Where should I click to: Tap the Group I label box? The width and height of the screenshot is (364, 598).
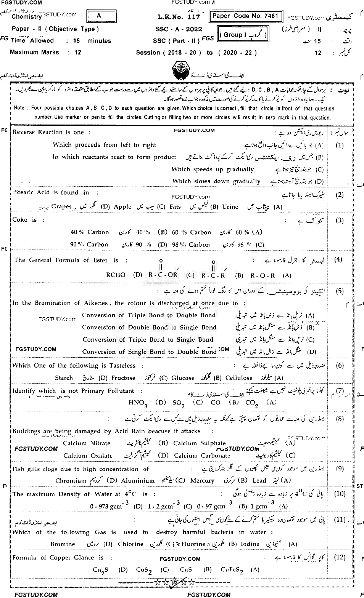243,35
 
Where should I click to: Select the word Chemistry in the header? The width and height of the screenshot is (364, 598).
26,17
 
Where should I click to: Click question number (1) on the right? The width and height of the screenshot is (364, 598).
339,145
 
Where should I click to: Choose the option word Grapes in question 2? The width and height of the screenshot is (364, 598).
61,206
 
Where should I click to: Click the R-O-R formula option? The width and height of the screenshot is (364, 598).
263,275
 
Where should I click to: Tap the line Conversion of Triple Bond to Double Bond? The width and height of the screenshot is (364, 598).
149,315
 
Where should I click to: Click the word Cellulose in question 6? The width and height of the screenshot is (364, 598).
238,378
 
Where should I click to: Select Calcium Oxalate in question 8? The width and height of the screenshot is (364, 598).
88,456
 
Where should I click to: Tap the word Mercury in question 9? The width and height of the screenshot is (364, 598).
202,481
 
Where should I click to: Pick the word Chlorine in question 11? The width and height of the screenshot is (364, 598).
130,544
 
